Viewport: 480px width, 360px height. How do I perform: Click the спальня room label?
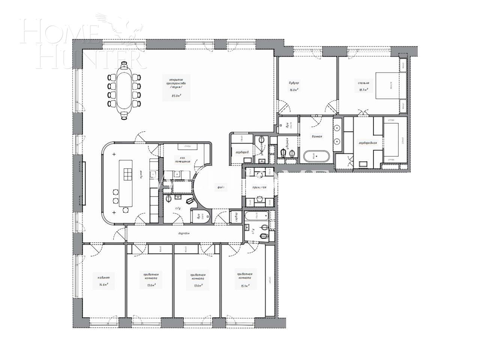(x=363, y=83)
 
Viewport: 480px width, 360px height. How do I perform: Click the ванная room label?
(x=317, y=136)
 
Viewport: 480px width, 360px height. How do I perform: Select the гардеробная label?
(x=368, y=143)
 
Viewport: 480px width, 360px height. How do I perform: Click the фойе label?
(x=221, y=186)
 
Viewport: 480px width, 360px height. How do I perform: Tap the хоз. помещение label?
(x=183, y=160)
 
